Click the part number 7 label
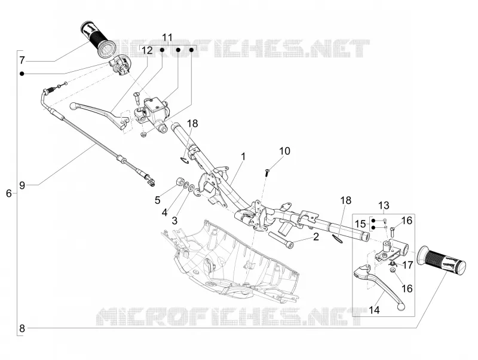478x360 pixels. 22,60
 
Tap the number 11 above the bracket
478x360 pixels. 167,38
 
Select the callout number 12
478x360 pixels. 147,50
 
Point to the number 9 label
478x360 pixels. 22,185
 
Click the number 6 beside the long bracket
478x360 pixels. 9,193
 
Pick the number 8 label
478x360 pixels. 22,328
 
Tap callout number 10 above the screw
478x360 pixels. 285,151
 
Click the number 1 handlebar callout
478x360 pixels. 243,157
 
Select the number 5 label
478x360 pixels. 157,200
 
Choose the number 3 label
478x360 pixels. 174,220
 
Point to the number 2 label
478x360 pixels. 316,236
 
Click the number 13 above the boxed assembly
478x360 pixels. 384,205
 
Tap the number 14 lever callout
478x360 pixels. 374,310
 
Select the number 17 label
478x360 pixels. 407,265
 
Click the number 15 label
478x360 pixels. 360,224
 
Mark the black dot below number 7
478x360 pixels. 22,74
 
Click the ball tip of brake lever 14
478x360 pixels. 401,307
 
